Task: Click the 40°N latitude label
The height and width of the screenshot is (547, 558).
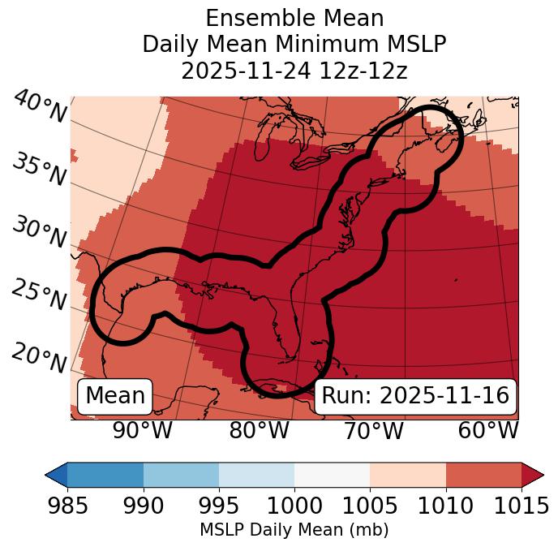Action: point(39,108)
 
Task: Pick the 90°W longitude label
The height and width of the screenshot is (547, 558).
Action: point(142,430)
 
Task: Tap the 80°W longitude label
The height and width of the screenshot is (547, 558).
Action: point(259,430)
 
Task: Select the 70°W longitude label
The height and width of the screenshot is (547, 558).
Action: point(373,430)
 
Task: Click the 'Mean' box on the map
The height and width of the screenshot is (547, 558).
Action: point(115,396)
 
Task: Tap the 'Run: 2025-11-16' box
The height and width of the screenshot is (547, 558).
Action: point(415,396)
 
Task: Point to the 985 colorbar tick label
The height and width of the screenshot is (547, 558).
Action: point(68,506)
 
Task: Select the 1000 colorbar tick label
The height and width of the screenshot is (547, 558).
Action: point(294,506)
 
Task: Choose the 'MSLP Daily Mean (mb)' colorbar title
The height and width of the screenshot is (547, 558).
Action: point(294,530)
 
